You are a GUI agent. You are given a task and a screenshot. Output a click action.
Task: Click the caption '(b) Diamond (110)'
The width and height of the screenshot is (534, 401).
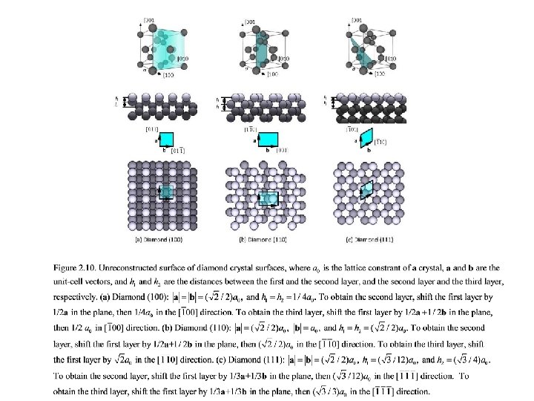[263, 239]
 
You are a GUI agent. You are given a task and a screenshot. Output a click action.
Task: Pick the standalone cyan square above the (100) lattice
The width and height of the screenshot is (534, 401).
[167, 139]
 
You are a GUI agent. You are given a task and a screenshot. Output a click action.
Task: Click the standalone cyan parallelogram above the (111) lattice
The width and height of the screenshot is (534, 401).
[365, 138]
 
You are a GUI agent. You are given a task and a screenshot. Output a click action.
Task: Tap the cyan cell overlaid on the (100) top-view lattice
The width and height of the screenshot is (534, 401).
[167, 192]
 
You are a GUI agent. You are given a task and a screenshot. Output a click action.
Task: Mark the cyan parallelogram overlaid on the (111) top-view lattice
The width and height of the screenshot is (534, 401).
[366, 189]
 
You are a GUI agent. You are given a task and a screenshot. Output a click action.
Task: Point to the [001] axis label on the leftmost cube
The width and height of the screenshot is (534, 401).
[150, 19]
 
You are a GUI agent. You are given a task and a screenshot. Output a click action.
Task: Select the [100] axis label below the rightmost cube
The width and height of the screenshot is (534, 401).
[380, 74]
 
